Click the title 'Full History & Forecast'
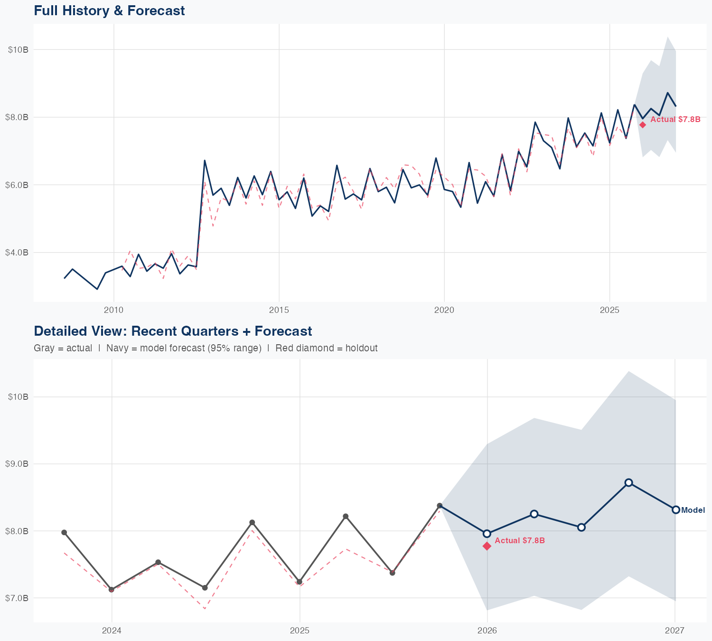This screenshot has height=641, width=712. coord(109,10)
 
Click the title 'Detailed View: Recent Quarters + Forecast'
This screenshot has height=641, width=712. coord(173,331)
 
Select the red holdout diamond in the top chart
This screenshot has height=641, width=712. coord(642,125)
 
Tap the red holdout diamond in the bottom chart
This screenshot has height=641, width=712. coord(487,546)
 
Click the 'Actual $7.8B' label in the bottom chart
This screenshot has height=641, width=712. coord(519,540)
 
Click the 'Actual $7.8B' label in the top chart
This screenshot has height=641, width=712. coord(675,119)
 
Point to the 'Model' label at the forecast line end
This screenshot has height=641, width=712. coord(693,510)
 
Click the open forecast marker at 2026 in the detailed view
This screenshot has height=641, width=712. coord(487,533)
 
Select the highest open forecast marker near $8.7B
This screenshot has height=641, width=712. coord(628,482)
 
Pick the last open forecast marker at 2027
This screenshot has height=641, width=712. coord(675,509)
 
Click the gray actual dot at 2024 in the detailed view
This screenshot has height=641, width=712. coord(111,589)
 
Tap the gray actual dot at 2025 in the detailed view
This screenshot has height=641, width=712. coord(299,582)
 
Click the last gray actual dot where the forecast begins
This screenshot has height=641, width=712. coord(440,506)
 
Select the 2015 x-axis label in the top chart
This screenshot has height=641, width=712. coord(279,310)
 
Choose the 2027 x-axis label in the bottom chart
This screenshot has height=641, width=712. coord(675,631)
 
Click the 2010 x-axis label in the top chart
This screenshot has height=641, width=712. coord(113,310)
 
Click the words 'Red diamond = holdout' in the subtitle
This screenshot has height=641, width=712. coord(326,348)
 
